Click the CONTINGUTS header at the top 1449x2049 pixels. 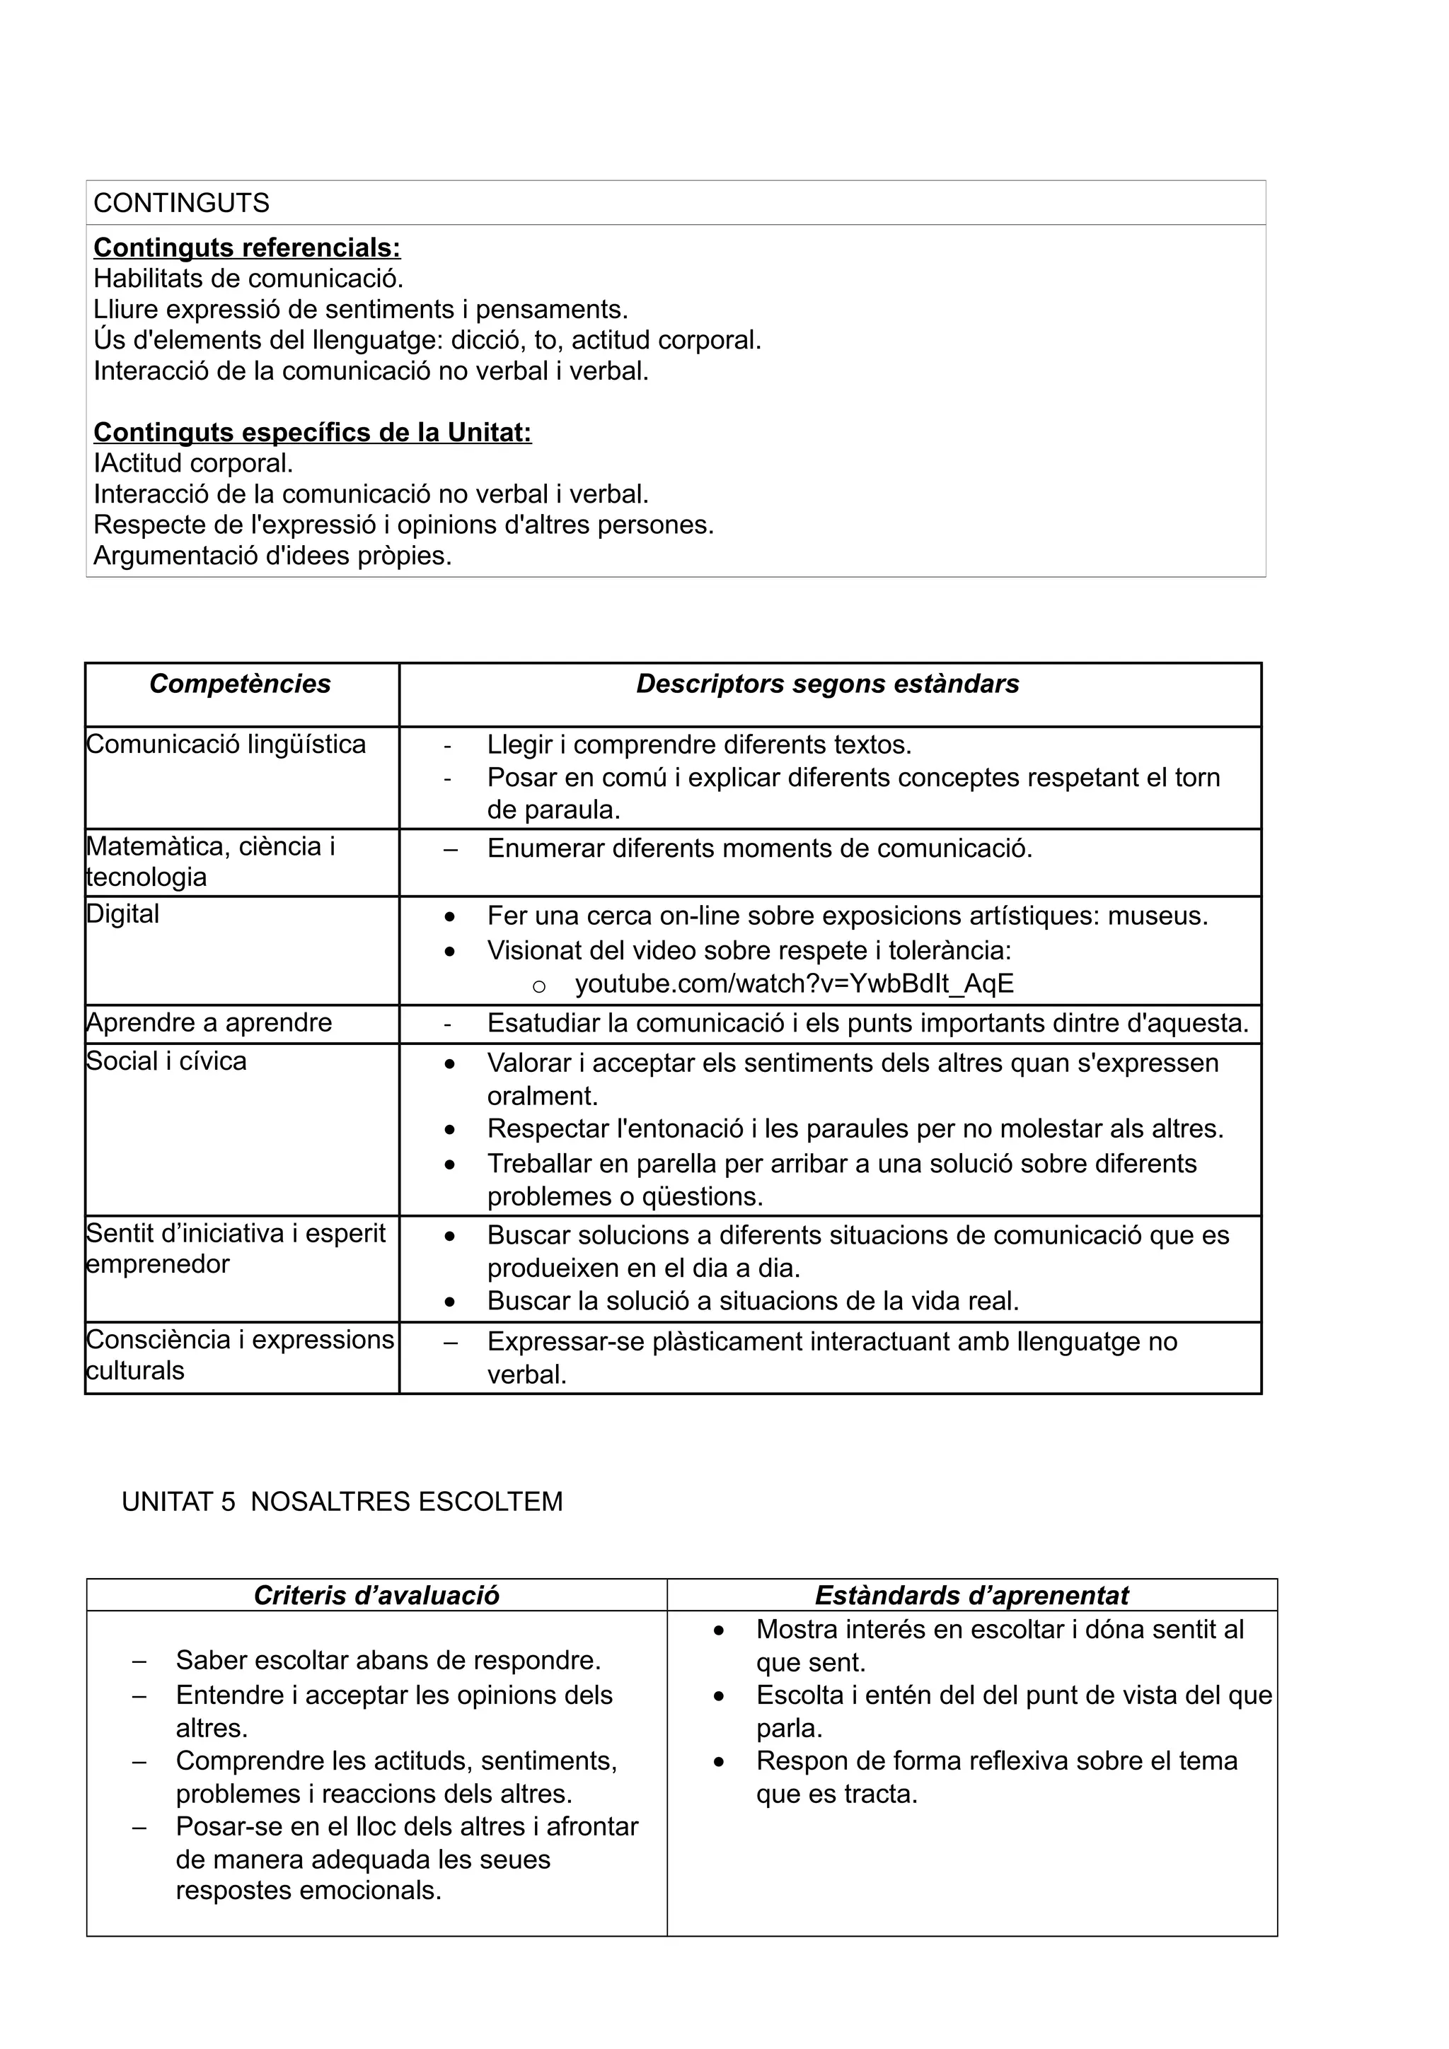point(181,204)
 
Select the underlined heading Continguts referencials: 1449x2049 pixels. point(248,247)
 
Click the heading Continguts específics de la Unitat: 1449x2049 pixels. point(313,433)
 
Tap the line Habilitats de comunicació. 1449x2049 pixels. point(248,279)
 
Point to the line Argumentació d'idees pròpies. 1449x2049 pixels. point(272,556)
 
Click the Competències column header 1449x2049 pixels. point(240,684)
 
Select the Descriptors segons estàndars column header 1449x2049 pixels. point(828,684)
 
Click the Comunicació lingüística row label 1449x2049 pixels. point(226,745)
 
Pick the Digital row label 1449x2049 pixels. point(123,913)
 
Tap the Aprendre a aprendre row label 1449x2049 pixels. point(209,1022)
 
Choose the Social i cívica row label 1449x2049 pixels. point(166,1061)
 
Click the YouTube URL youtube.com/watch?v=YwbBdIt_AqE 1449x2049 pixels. point(794,983)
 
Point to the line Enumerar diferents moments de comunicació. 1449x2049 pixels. point(759,848)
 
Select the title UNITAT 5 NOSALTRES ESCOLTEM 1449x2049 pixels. point(342,1502)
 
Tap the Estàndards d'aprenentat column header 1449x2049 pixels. point(971,1596)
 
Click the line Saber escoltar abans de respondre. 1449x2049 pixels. point(388,1661)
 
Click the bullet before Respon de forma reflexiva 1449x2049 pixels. point(719,1763)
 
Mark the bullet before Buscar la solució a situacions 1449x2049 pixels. point(450,1303)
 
